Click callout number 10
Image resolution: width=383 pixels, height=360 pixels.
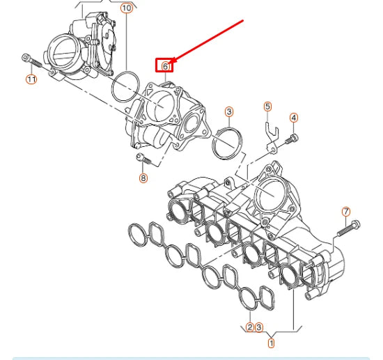click(x=126, y=8)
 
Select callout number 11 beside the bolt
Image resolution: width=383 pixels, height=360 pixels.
click(x=31, y=79)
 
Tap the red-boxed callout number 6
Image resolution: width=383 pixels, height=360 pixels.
click(x=165, y=66)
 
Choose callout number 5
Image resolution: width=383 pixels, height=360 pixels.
click(x=267, y=107)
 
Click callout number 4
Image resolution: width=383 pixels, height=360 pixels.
click(x=294, y=118)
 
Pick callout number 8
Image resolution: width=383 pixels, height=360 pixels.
click(x=143, y=178)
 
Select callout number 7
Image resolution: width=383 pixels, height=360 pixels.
click(x=346, y=212)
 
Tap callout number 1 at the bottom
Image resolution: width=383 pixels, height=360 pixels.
click(x=272, y=343)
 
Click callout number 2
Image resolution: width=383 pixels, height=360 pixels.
click(x=250, y=327)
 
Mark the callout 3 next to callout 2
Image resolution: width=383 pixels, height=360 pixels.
click(x=259, y=327)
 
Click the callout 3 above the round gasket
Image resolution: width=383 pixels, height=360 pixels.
click(x=228, y=111)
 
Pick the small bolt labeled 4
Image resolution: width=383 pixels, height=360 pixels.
click(x=291, y=139)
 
